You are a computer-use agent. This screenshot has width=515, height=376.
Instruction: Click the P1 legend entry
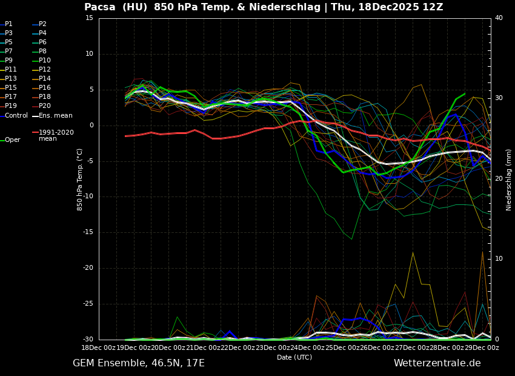(x=8, y=24)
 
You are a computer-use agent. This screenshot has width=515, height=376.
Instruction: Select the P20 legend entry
(x=45, y=106)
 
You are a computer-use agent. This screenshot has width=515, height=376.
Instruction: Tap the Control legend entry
(x=16, y=115)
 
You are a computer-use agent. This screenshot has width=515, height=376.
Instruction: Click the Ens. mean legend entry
(x=56, y=115)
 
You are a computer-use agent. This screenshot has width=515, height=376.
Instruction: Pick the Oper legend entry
(x=13, y=140)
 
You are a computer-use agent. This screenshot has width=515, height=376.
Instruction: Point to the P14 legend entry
(x=45, y=79)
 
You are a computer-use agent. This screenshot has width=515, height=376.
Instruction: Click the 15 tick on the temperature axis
(x=89, y=18)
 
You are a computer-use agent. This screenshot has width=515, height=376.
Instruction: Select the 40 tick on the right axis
(x=499, y=18)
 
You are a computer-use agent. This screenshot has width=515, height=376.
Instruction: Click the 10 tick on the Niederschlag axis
(x=499, y=259)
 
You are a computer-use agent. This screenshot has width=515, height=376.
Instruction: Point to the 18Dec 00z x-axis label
(x=99, y=347)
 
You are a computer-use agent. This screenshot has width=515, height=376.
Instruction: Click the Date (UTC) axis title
(x=294, y=358)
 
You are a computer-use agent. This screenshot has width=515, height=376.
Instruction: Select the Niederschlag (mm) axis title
(x=509, y=180)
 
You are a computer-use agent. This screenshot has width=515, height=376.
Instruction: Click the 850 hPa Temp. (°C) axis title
(x=80, y=180)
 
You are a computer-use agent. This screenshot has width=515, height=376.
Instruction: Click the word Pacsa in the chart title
(x=99, y=7)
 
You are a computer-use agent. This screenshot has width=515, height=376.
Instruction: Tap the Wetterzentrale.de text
(x=437, y=363)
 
